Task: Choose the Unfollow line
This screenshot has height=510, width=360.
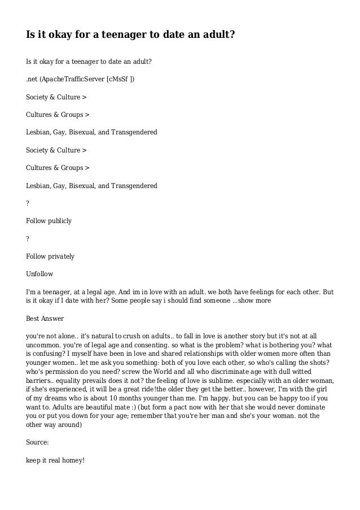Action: [39, 274]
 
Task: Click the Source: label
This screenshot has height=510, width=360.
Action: [37, 442]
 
